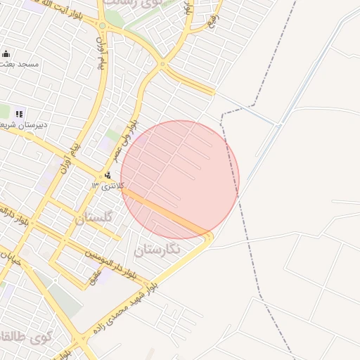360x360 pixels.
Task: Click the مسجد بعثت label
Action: (19, 64)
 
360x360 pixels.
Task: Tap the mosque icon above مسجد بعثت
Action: (6, 54)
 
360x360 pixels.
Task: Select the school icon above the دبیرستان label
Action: (19, 113)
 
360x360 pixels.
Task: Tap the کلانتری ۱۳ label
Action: (107, 186)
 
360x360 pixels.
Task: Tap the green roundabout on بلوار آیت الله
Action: (103, 26)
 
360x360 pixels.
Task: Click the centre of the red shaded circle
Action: (180, 180)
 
